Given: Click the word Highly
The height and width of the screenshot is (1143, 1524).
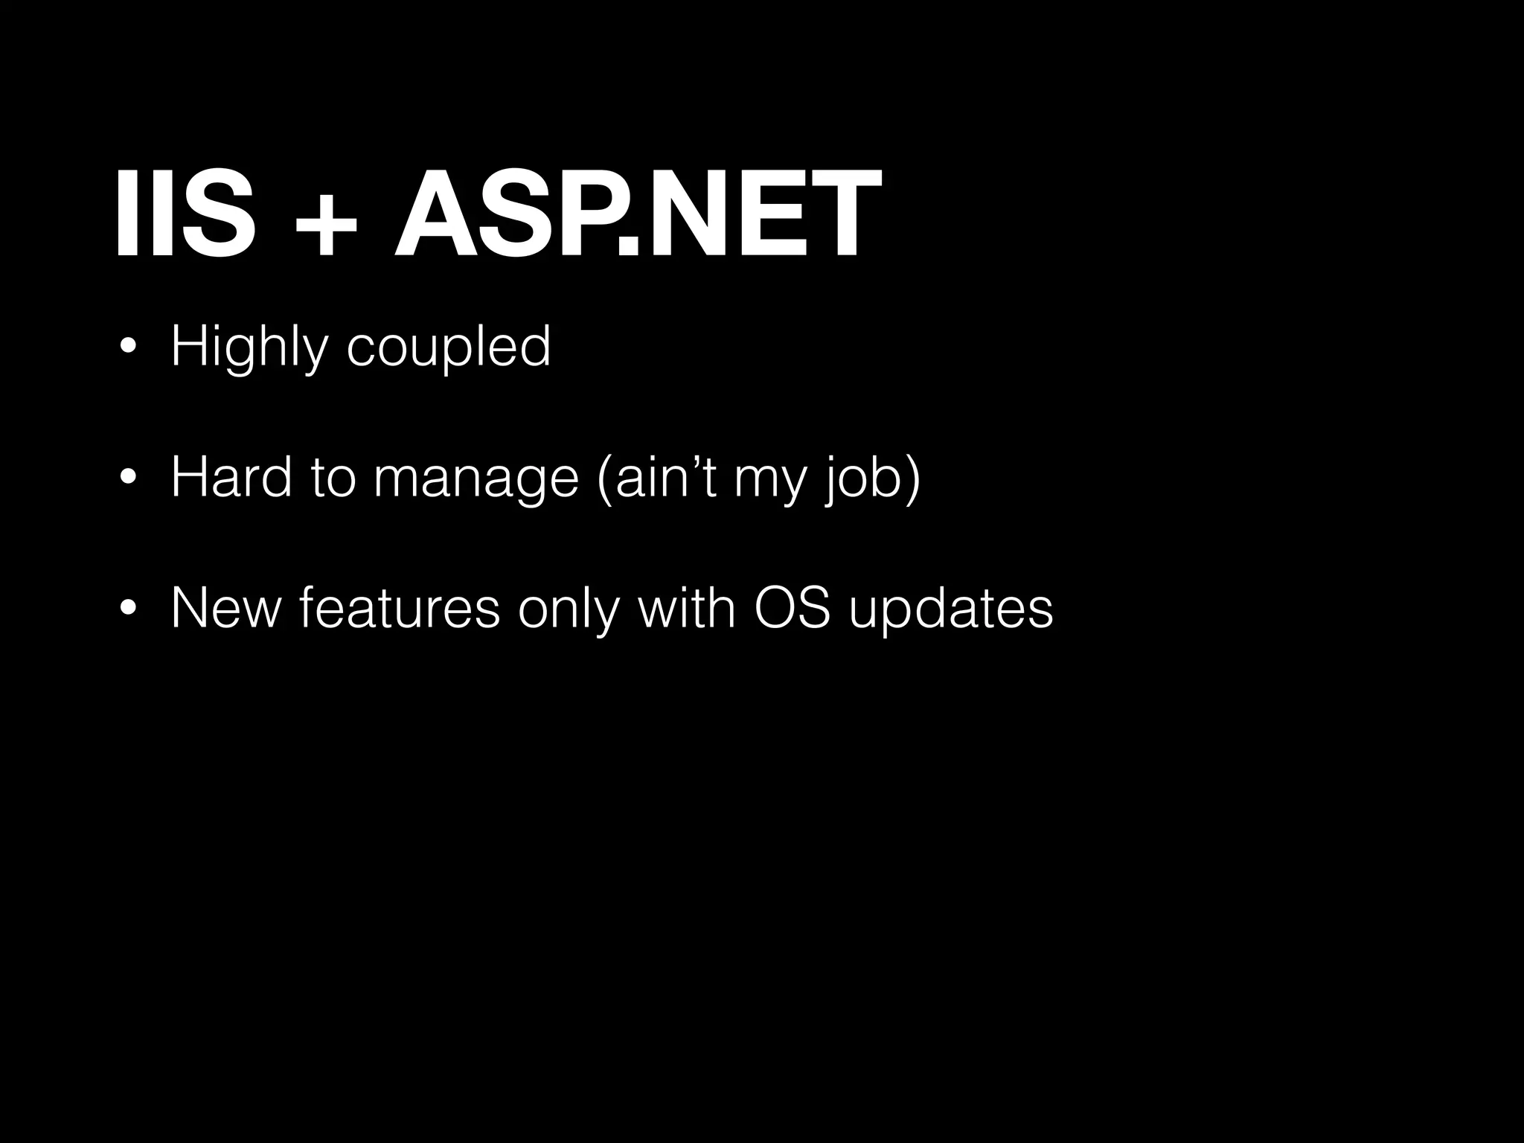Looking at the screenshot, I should [x=249, y=347].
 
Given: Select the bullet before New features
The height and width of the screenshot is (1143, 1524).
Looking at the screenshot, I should [x=129, y=609].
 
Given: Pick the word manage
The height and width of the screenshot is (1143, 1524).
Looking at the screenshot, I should [x=476, y=480].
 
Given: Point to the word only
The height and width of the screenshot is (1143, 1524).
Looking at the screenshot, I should [x=568, y=609].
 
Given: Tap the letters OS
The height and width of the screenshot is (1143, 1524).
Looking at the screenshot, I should [x=792, y=608].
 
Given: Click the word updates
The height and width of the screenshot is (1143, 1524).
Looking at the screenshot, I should [x=951, y=610].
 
